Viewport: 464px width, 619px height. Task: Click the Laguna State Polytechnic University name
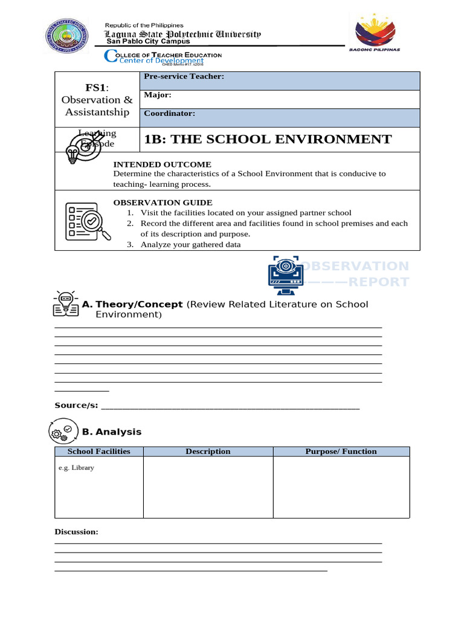point(183,34)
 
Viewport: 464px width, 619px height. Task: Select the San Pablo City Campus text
point(148,42)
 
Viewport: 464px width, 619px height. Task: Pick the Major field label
point(158,95)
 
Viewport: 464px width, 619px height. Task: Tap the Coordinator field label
point(169,113)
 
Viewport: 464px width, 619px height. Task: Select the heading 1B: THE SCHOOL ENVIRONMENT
point(268,140)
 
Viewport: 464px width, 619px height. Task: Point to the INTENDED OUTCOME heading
point(163,164)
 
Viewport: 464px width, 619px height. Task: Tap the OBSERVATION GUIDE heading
point(163,203)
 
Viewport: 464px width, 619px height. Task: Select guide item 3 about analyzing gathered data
point(190,245)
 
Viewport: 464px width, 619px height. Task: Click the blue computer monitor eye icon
point(285,273)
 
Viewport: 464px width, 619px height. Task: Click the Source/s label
point(76,405)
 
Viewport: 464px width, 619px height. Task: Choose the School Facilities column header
point(98,452)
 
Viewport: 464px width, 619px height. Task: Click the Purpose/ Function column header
point(341,452)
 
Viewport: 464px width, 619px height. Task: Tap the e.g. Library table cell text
point(76,468)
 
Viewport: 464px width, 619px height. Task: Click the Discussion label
point(76,532)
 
